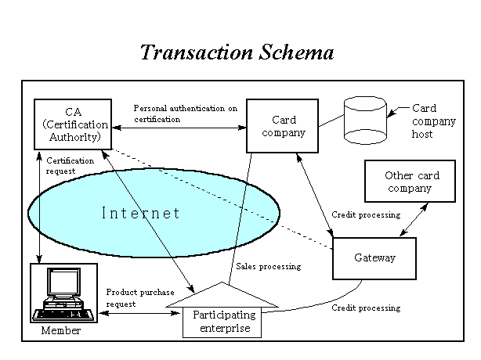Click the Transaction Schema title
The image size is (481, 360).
(237, 52)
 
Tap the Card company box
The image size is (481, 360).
(283, 126)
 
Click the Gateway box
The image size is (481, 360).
(374, 257)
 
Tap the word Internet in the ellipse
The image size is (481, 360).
(141, 213)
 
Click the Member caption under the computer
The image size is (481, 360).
(61, 331)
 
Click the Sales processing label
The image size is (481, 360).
(268, 266)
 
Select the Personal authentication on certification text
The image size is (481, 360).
(185, 113)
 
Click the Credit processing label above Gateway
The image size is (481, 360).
(366, 214)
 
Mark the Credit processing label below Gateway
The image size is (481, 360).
(366, 308)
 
